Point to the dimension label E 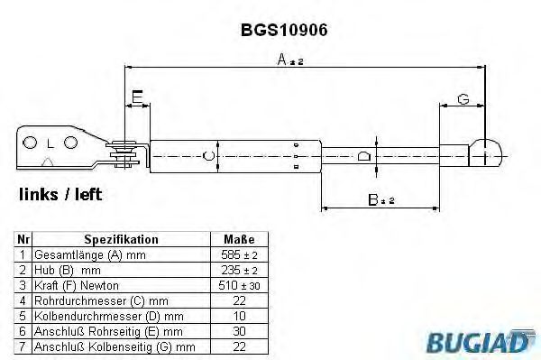137,97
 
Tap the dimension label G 463,98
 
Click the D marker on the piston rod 363,155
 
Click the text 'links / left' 60,194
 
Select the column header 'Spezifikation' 121,240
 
